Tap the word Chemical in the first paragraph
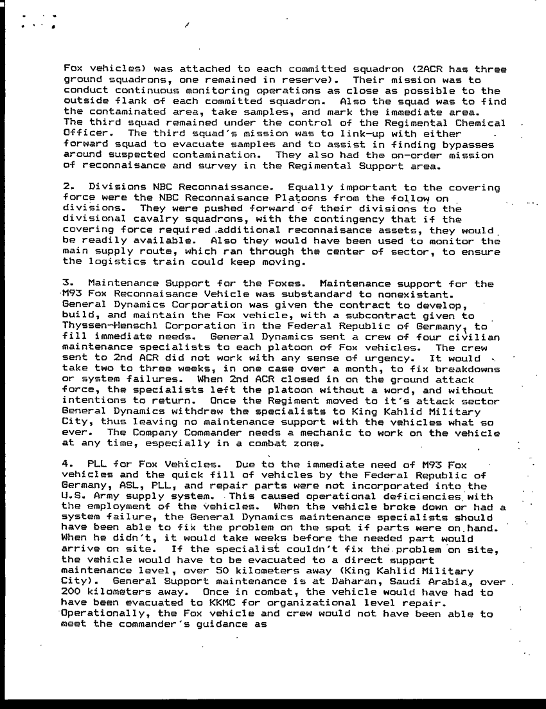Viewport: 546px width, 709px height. point(481,123)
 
